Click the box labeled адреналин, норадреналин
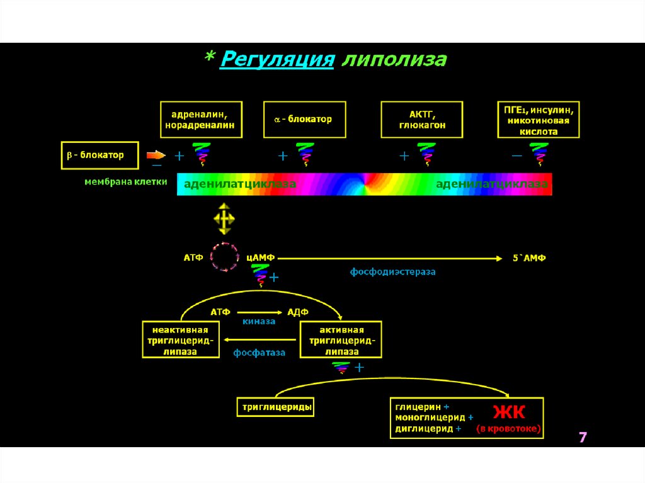click(200, 119)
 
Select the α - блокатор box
click(305, 119)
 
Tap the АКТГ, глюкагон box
click(422, 119)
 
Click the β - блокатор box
click(100, 154)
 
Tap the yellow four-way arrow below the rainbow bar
click(224, 219)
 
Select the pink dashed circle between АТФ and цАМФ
click(225, 257)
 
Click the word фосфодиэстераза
click(393, 272)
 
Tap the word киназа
click(259, 321)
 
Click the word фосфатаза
click(260, 353)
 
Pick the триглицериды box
click(277, 407)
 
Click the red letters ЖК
click(508, 412)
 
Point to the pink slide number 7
click(583, 437)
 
